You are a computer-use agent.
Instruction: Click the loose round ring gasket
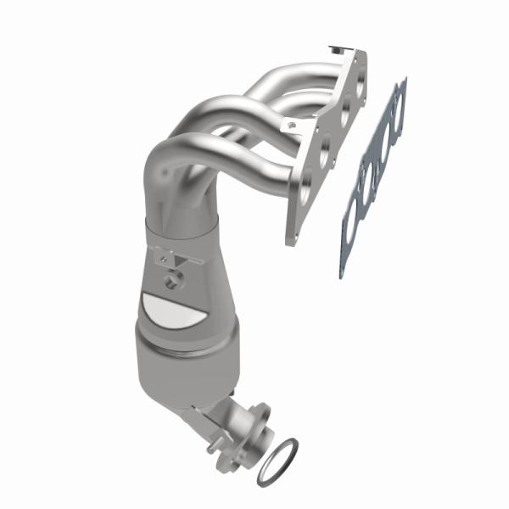pyautogui.click(x=280, y=456)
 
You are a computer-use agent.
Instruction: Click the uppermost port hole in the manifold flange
pyautogui.click(x=360, y=82)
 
